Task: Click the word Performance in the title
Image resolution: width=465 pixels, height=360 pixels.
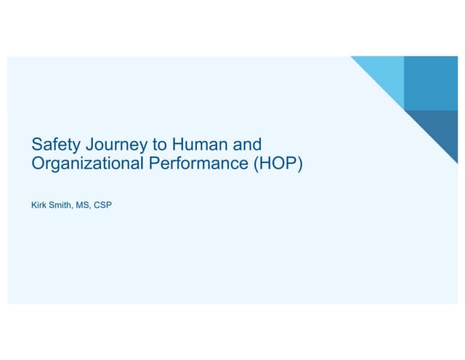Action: click(191, 164)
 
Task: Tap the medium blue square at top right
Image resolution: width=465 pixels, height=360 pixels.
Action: click(430, 83)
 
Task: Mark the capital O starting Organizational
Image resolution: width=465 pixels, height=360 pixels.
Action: click(39, 164)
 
